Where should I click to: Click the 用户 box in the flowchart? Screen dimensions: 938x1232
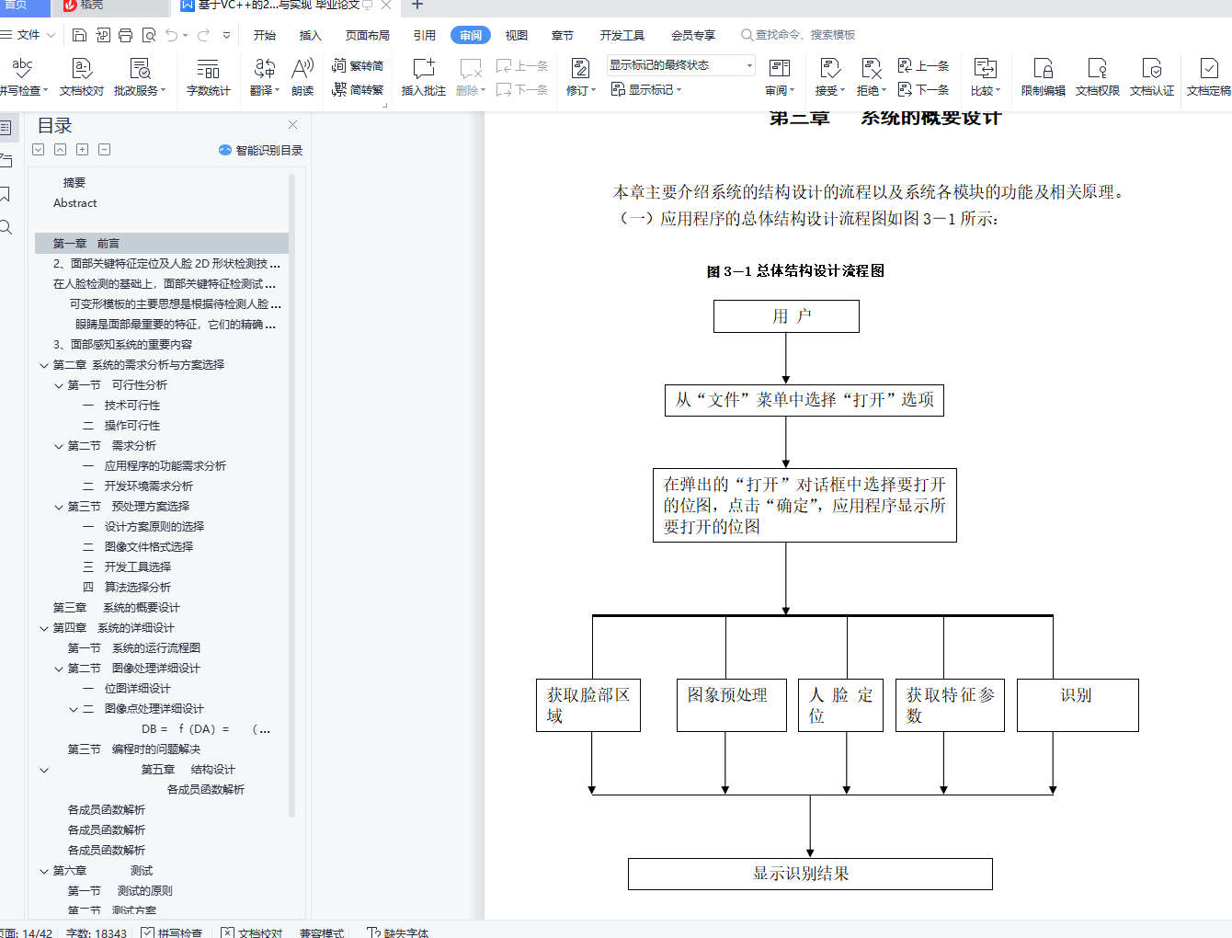786,316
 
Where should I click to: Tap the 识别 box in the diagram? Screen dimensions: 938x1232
1077,704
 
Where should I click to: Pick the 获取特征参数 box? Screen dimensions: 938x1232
950,704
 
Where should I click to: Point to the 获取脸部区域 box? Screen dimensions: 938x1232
587,704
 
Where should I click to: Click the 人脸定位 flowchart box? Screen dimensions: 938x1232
840,704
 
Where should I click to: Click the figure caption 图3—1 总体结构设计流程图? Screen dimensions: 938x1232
795,271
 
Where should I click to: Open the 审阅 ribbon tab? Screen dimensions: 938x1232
471,35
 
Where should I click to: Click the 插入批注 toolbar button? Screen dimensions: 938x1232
423,76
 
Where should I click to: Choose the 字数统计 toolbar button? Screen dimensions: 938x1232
208,76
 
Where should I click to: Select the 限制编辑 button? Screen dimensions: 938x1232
1043,76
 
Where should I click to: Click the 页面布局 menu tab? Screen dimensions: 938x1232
367,35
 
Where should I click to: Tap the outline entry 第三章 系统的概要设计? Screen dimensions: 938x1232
117,608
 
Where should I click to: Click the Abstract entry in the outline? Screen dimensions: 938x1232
74,203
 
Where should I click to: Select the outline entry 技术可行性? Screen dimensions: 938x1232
131,406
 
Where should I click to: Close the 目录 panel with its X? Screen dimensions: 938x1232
292,125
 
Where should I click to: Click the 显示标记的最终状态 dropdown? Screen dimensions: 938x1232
680,65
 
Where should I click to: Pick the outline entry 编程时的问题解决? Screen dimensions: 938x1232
155,749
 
